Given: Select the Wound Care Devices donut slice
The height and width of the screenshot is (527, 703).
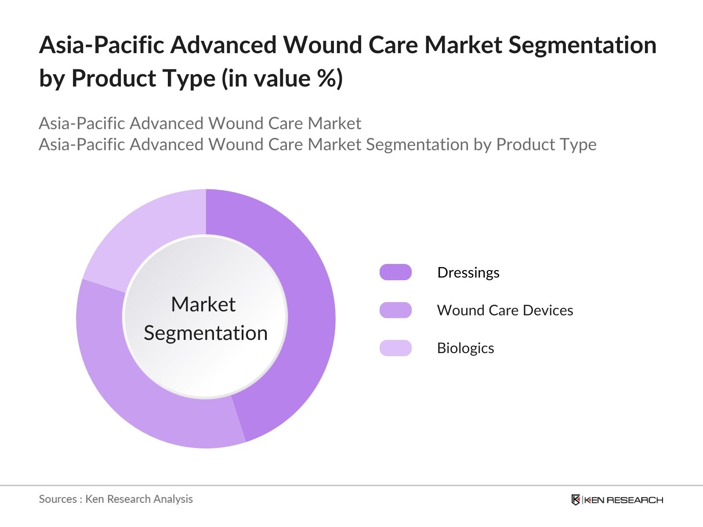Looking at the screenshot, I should click(x=145, y=395).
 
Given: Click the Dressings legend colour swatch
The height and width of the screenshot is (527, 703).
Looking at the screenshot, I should click(x=395, y=272).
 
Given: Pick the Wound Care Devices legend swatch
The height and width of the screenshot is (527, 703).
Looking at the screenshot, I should click(x=395, y=310).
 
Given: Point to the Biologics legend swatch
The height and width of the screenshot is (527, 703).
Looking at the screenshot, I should click(x=395, y=348).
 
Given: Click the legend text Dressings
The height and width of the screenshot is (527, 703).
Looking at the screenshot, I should click(x=468, y=272).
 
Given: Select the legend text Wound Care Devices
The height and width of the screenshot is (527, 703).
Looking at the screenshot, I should click(x=505, y=310).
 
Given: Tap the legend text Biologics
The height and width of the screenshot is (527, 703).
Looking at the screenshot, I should click(x=465, y=348).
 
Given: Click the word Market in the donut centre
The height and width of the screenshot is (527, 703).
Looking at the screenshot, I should click(x=203, y=304).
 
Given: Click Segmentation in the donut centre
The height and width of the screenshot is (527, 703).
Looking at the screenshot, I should click(x=206, y=333).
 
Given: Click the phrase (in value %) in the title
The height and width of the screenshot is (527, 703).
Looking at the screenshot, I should click(x=282, y=78).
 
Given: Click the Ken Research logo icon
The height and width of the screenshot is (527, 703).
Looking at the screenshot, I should click(x=575, y=500).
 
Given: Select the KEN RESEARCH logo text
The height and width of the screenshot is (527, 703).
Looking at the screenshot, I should click(x=623, y=500).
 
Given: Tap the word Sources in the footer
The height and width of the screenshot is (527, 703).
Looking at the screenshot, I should click(x=58, y=499).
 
